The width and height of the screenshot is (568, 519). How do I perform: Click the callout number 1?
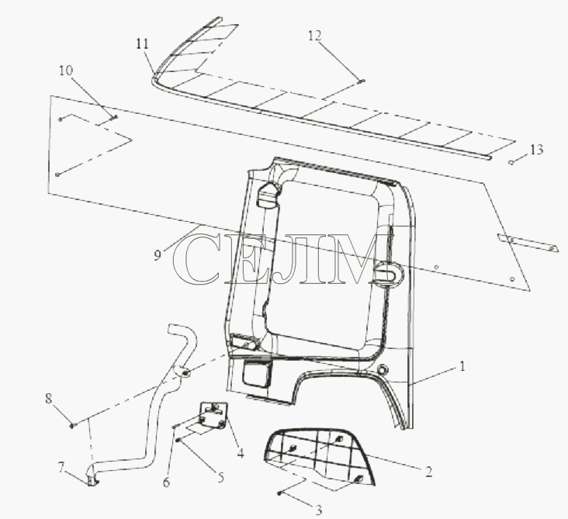pyautogui.click(x=462, y=366)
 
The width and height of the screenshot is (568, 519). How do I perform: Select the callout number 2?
pyautogui.click(x=428, y=472)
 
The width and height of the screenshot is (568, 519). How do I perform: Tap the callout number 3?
pyautogui.click(x=318, y=510)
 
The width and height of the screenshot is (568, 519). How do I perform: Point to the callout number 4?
pyautogui.click(x=241, y=453)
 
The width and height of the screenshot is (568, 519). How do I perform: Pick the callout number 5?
pyautogui.click(x=220, y=477)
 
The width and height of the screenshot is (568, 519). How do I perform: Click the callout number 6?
pyautogui.click(x=166, y=482)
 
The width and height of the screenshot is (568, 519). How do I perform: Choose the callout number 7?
pyautogui.click(x=61, y=468)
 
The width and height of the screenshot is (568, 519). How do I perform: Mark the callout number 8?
pyautogui.click(x=49, y=399)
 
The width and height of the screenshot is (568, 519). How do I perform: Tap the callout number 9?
pyautogui.click(x=157, y=255)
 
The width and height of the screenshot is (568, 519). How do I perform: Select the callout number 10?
pyautogui.click(x=66, y=71)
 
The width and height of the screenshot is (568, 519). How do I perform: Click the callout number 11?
pyautogui.click(x=142, y=43)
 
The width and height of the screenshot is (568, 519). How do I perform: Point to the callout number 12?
pyautogui.click(x=315, y=36)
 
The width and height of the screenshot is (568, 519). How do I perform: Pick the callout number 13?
pyautogui.click(x=537, y=149)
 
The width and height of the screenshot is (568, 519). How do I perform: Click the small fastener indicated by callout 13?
pyautogui.click(x=511, y=162)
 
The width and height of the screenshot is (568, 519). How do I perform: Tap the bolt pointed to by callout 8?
pyautogui.click(x=71, y=426)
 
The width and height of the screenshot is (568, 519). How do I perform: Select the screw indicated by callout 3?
pyautogui.click(x=279, y=493)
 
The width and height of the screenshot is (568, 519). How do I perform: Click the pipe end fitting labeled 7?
pyautogui.click(x=92, y=479)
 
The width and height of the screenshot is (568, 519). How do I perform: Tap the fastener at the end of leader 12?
pyautogui.click(x=362, y=81)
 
